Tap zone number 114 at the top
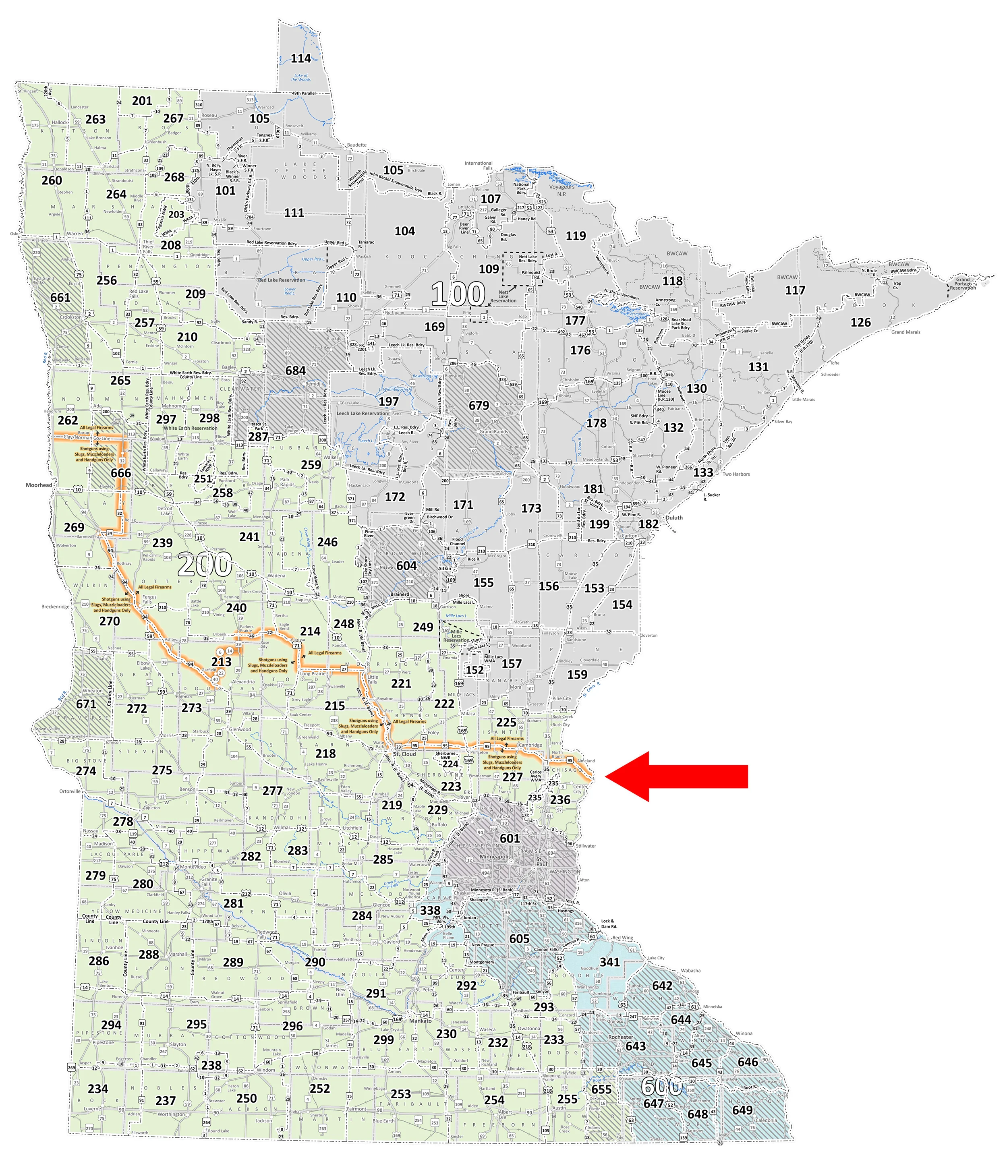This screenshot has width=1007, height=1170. pos(301,58)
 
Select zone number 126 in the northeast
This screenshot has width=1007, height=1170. pos(861,323)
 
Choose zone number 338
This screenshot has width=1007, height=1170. pos(430,910)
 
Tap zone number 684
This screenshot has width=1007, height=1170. pos(295,371)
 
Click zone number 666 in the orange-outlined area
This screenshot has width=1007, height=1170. pos(121,473)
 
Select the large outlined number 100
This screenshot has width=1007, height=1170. pos(458,294)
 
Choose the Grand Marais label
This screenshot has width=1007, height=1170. pos(905,332)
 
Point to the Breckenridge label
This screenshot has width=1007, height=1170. pos(55,607)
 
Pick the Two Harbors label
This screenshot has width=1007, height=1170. pos(736,474)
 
